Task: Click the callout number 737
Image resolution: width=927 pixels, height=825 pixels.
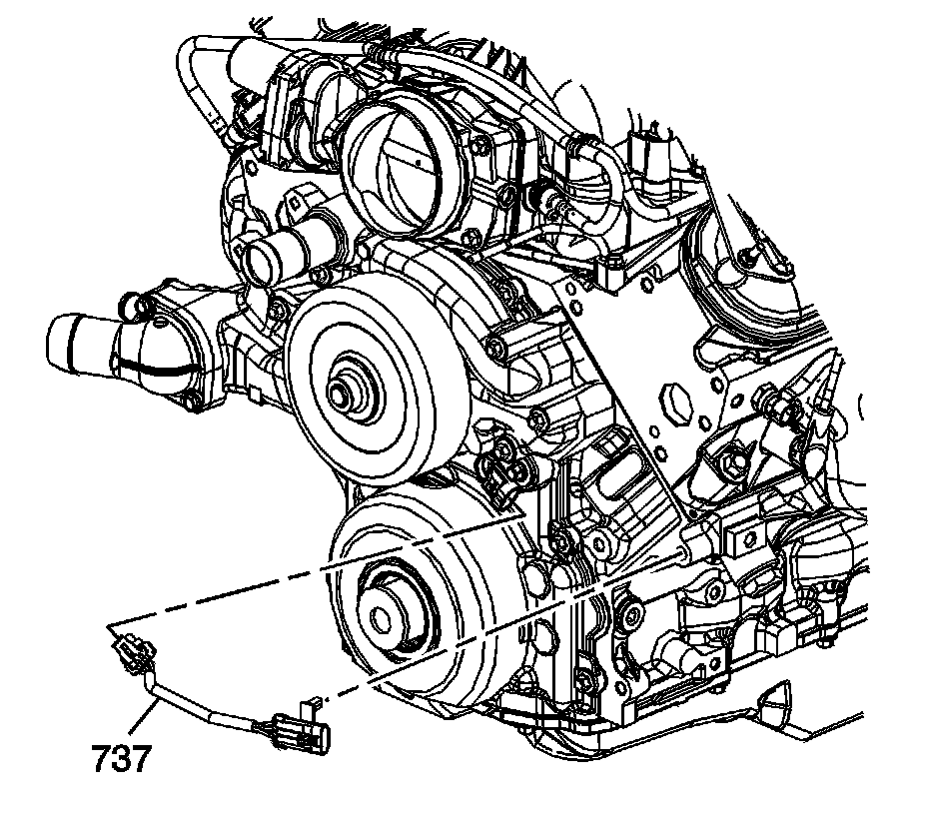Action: (122, 761)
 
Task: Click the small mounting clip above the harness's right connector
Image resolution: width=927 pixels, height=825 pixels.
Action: (311, 706)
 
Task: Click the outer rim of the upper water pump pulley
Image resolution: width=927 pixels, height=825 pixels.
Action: (300, 349)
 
